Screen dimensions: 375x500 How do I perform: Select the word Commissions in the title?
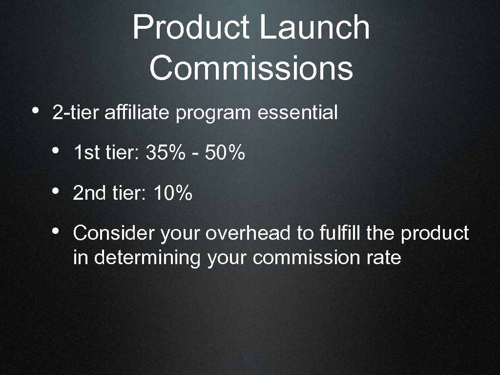(x=251, y=68)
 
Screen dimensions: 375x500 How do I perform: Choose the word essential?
(x=297, y=113)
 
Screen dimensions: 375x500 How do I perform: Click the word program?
(x=213, y=114)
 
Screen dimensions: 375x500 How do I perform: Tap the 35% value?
(x=166, y=154)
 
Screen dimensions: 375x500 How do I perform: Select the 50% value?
(x=225, y=154)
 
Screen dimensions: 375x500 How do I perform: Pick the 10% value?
(x=173, y=194)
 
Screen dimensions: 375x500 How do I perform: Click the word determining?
(x=147, y=258)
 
